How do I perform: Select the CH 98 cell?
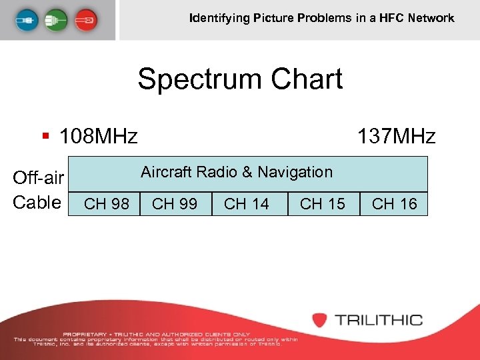(x=107, y=204)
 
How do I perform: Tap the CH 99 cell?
(x=175, y=204)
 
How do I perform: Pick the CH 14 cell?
(x=247, y=204)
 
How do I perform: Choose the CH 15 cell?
(x=323, y=204)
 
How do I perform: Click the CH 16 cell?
(x=394, y=204)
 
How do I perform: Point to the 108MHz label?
(x=99, y=137)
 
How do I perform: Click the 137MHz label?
(x=396, y=137)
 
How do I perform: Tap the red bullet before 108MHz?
(x=45, y=137)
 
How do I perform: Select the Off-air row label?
(x=38, y=178)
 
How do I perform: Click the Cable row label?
(x=37, y=202)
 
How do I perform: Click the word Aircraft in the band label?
(x=166, y=172)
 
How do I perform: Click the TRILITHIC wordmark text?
(x=379, y=320)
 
